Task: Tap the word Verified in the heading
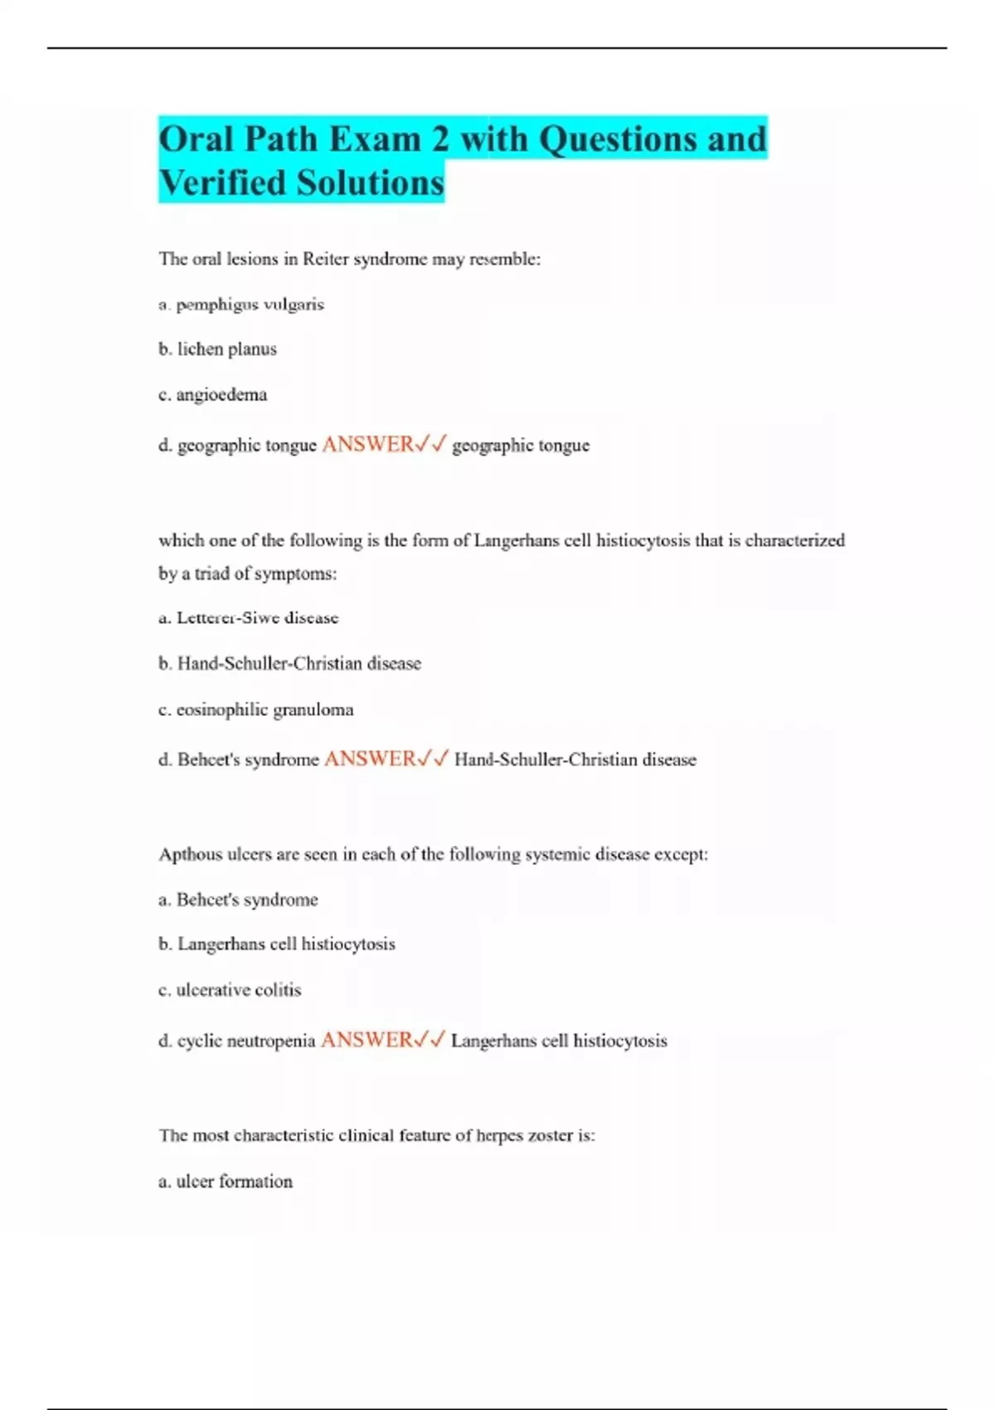pyautogui.click(x=224, y=182)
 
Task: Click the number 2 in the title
pyautogui.click(x=439, y=139)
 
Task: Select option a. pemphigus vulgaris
pyautogui.click(x=241, y=304)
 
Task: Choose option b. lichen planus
pyautogui.click(x=217, y=349)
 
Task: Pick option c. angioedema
pyautogui.click(x=213, y=395)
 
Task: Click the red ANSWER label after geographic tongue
pyautogui.click(x=367, y=445)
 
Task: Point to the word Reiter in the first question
pyautogui.click(x=326, y=259)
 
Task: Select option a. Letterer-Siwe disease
pyautogui.click(x=249, y=618)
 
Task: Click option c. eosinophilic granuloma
pyautogui.click(x=256, y=710)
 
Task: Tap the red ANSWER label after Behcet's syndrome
pyautogui.click(x=370, y=759)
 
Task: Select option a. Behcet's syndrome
pyautogui.click(x=238, y=900)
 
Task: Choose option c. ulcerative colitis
pyautogui.click(x=230, y=989)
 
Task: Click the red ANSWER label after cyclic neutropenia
pyautogui.click(x=366, y=1040)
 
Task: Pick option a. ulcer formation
pyautogui.click(x=226, y=1181)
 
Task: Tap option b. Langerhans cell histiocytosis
pyautogui.click(x=277, y=944)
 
